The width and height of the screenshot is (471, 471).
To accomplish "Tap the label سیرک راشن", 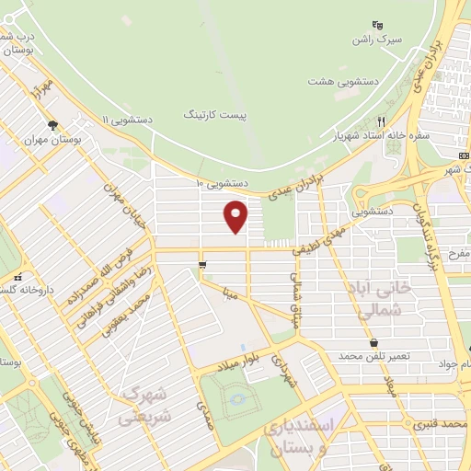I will coord(374,40).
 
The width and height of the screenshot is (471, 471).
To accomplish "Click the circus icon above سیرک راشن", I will coord(375,25).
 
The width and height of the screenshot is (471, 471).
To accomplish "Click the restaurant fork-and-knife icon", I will coord(380,121).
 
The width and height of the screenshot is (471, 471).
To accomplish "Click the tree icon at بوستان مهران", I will coord(53,125).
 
